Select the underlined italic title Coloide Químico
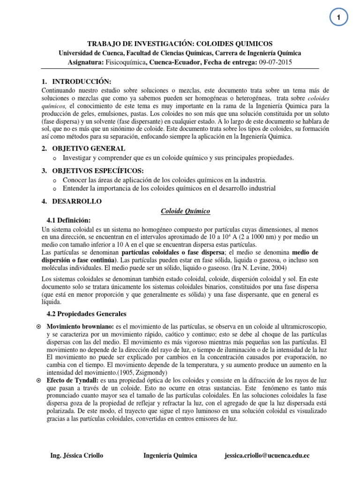coord(182,211)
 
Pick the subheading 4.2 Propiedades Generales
coord(85,314)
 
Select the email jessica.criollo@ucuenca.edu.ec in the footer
coord(267,456)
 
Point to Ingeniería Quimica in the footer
coord(170,456)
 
